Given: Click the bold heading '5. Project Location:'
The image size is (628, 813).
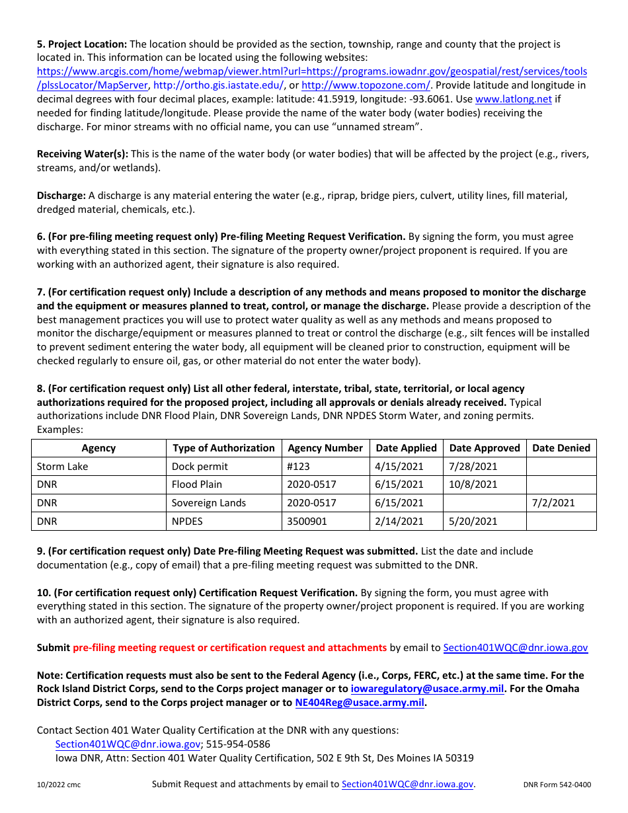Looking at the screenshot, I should tap(82, 44).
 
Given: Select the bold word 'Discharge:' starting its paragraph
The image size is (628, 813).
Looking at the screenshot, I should tap(61, 196).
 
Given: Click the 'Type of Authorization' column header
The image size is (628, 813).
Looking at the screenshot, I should tap(223, 448).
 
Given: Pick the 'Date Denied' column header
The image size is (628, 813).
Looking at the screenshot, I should tap(561, 448).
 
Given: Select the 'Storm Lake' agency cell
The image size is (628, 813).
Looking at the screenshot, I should tap(62, 467).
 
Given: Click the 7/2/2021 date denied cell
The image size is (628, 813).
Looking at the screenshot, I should tap(553, 503).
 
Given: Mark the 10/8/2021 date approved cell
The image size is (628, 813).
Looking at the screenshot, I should tap(473, 484).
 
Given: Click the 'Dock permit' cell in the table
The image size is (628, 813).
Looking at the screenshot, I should tap(200, 467).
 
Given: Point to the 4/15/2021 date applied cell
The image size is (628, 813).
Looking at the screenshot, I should tap(399, 467).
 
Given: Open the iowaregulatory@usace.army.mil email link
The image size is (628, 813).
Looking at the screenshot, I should tap(427, 689).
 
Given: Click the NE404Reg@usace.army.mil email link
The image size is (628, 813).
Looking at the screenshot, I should tap(359, 703).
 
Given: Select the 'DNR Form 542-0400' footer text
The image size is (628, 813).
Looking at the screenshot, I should tap(557, 785).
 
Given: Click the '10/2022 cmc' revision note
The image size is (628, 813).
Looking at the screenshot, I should tap(59, 785).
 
